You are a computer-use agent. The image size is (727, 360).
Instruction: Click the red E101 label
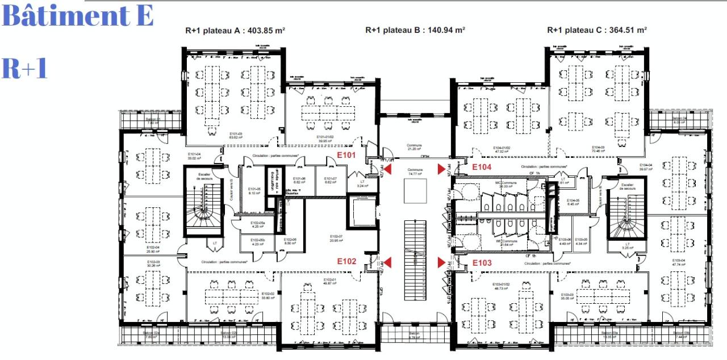[x=346, y=155]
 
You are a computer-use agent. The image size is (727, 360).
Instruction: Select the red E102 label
[x=346, y=262]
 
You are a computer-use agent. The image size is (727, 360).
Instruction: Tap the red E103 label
[x=482, y=263]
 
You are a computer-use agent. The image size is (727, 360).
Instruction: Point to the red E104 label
[x=482, y=167]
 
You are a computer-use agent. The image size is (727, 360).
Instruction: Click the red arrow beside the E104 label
[x=441, y=169]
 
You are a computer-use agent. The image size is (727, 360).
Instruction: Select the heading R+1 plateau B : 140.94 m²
[x=415, y=30]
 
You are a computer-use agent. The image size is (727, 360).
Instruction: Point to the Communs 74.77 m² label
[x=416, y=172]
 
